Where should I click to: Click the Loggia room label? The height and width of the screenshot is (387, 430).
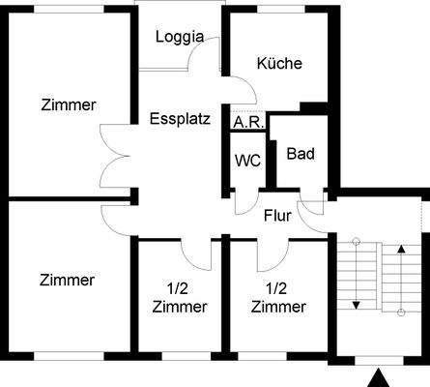(x=180, y=37)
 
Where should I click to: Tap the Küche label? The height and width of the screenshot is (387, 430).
(x=279, y=64)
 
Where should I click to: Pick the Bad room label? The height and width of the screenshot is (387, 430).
(x=301, y=154)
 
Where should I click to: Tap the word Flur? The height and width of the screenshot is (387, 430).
(x=278, y=215)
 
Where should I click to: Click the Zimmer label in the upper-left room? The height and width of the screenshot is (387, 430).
(x=68, y=104)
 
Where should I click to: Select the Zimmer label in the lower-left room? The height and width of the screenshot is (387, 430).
(x=68, y=281)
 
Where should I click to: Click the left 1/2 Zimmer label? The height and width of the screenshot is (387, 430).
(x=180, y=297)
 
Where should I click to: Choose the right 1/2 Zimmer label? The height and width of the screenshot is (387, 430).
(x=278, y=297)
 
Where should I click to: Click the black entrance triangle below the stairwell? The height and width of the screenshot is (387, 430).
(x=381, y=377)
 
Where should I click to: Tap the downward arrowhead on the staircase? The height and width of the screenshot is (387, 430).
(x=356, y=305)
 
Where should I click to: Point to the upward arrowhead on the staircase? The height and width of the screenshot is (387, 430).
(x=402, y=250)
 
